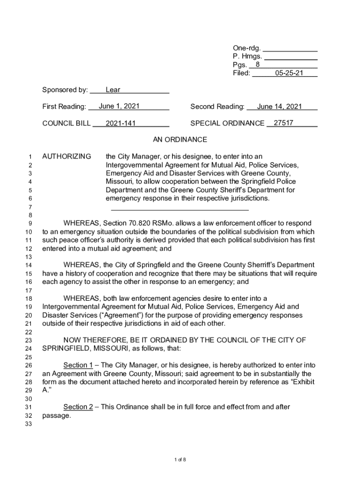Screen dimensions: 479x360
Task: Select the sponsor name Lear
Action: [x=113, y=90]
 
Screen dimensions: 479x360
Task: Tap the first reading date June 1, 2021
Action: [x=119, y=106]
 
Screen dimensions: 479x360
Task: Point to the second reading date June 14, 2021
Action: [x=280, y=107]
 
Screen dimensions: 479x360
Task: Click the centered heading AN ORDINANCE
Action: [x=180, y=140]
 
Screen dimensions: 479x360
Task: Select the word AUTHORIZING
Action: [x=67, y=156]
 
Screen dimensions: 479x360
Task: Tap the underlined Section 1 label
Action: [x=78, y=365]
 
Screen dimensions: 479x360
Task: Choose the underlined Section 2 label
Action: [x=78, y=407]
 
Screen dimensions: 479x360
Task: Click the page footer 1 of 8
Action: [x=180, y=459]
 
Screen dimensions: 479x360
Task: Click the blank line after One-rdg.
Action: [x=290, y=48]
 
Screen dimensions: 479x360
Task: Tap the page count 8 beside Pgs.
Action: [x=258, y=65]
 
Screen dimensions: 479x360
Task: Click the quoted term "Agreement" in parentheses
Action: [x=121, y=315]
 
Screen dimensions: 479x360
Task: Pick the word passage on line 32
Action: [x=56, y=415]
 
